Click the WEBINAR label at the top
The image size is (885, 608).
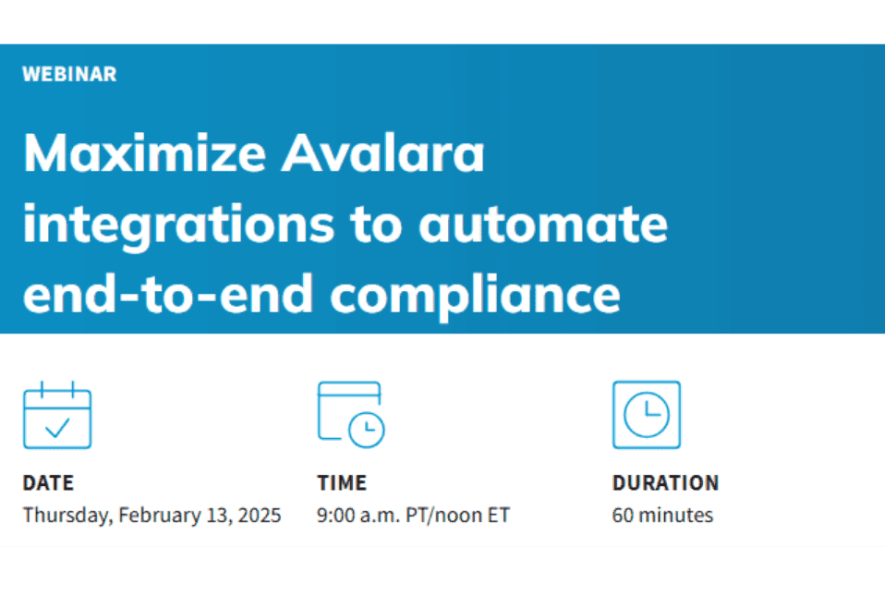(x=69, y=75)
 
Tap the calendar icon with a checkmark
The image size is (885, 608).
(x=57, y=415)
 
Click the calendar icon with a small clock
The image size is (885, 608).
(x=351, y=415)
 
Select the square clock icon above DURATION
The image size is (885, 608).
(x=646, y=415)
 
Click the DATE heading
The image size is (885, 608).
(x=48, y=483)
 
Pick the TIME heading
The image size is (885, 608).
(x=342, y=483)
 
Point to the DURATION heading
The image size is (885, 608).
(x=665, y=483)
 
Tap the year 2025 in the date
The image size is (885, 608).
(x=260, y=516)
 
